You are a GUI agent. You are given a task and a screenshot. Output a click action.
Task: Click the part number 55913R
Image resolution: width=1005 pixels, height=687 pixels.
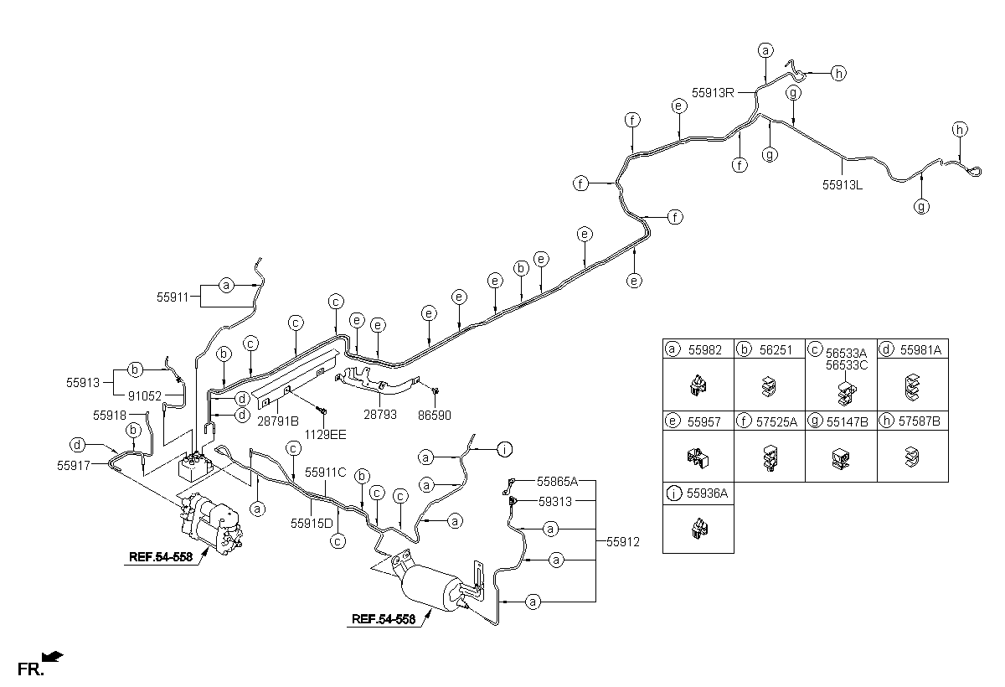(x=713, y=93)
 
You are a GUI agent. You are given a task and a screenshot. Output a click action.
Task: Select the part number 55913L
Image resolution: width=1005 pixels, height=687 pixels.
(x=843, y=185)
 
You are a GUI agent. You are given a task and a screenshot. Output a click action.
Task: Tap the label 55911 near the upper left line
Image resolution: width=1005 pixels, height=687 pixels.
(x=173, y=297)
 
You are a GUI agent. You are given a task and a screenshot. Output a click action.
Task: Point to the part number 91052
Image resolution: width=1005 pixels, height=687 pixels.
(x=144, y=395)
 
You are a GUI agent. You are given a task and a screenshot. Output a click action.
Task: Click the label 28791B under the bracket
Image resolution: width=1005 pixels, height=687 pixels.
(x=278, y=421)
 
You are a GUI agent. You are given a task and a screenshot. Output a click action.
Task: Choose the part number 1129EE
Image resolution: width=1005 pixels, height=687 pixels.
(x=325, y=434)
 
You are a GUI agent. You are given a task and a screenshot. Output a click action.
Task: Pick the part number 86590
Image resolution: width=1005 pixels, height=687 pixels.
(x=435, y=415)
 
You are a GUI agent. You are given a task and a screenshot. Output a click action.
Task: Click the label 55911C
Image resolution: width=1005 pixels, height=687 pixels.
(x=326, y=472)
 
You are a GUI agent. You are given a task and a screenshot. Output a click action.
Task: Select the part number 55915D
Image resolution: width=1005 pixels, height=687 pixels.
(x=312, y=524)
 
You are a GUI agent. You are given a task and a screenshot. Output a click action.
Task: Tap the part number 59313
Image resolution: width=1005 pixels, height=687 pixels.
(x=555, y=501)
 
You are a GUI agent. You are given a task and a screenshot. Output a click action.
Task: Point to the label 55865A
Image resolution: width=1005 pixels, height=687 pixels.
(x=557, y=482)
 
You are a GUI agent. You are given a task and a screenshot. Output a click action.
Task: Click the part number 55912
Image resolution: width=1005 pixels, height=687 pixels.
(x=623, y=541)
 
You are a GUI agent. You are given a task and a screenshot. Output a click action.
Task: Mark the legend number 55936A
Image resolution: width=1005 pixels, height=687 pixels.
(x=707, y=493)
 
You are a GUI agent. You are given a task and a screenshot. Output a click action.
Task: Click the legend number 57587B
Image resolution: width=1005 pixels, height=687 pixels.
(x=920, y=421)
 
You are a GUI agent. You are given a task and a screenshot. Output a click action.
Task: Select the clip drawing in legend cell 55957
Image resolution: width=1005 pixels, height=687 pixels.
(x=698, y=457)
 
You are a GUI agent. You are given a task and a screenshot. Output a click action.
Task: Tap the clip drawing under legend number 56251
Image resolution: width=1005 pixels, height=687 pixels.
(x=769, y=386)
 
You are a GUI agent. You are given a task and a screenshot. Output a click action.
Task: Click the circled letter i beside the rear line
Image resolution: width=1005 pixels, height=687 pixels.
(x=505, y=449)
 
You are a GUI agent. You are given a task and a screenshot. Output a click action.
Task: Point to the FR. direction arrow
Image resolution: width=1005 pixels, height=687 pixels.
(x=53, y=657)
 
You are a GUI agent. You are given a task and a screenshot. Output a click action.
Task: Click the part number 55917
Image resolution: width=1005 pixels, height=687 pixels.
(x=74, y=465)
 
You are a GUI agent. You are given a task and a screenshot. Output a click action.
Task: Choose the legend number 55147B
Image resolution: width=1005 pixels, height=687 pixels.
(x=847, y=421)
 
